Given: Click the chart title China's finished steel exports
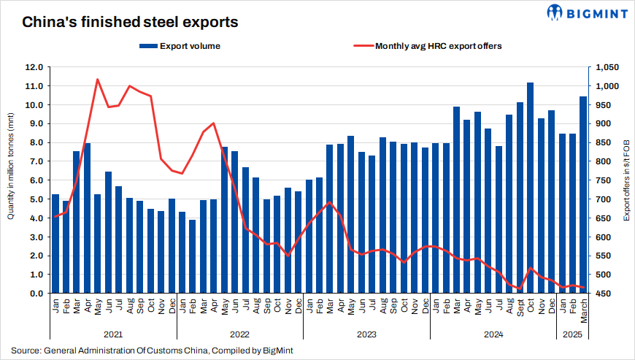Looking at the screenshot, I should (129, 23).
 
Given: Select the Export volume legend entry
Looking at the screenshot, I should (180, 46).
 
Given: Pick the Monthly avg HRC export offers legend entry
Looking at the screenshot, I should (428, 46).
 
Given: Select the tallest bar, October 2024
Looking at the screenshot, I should (531, 188).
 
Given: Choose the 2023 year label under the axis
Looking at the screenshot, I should (366, 334).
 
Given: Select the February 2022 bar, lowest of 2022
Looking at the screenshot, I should (192, 256).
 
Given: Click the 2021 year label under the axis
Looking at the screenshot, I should (112, 334).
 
